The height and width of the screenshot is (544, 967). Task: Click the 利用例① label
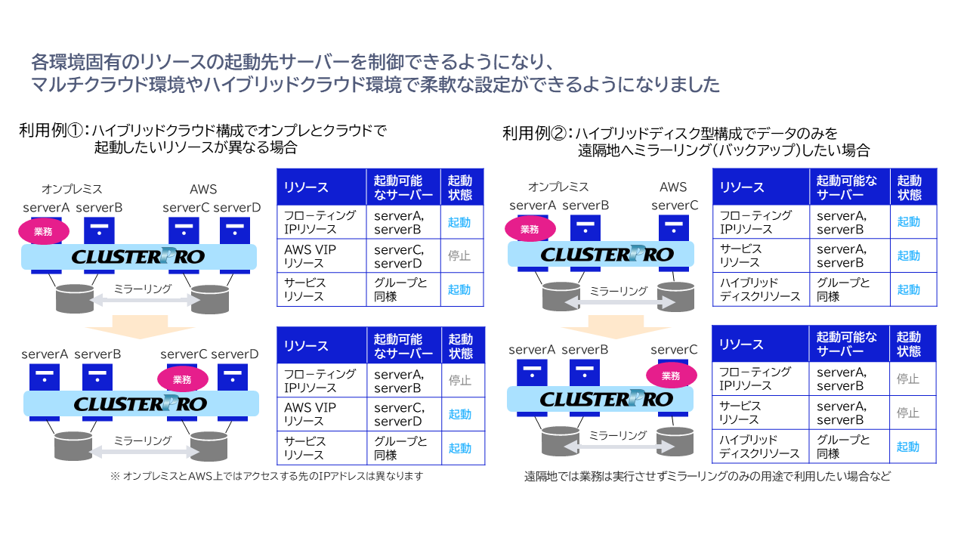51,131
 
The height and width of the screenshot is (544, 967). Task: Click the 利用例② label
535,134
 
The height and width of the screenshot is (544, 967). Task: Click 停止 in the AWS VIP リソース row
459,256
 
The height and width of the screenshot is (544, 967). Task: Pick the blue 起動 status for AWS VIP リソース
459,414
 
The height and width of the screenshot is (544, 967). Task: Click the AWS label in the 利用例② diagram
673,187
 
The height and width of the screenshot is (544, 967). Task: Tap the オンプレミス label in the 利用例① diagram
72,189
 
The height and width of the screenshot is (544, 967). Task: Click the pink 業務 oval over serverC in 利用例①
182,379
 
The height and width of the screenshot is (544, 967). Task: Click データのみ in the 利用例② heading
789,134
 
